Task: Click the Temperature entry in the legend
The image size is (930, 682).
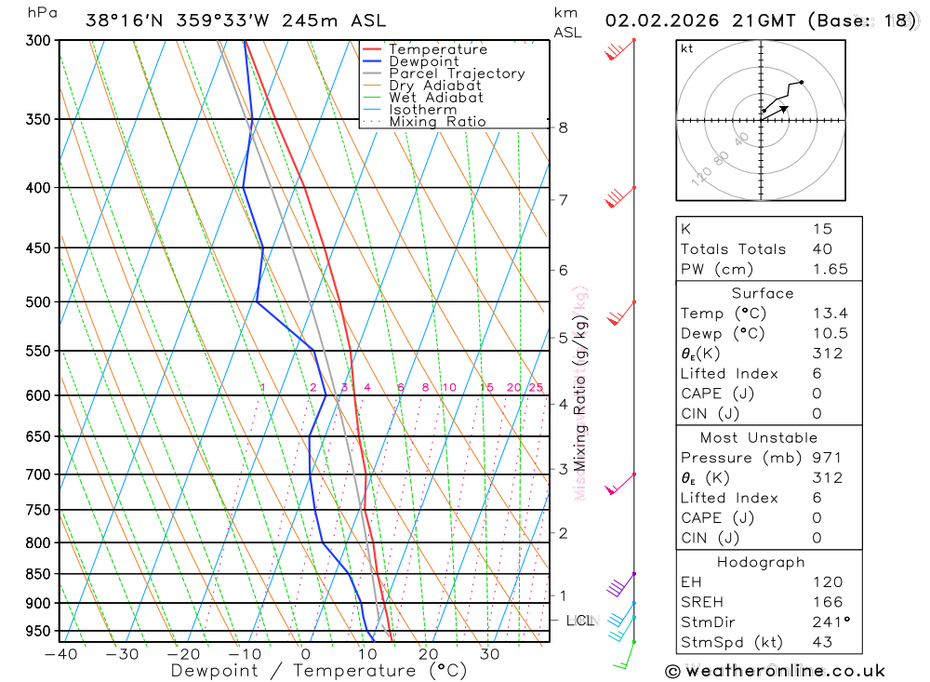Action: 437,49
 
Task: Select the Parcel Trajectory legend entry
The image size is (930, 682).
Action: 457,74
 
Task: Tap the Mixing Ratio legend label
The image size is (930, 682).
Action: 437,122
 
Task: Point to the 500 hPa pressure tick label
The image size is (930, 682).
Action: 37,302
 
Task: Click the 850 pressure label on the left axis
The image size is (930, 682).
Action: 37,574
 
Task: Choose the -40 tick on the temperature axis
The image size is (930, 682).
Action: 61,654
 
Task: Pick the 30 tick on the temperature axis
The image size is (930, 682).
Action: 490,654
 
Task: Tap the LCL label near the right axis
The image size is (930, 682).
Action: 580,620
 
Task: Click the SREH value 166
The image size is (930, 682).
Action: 827,602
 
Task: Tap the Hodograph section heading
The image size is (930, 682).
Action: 762,562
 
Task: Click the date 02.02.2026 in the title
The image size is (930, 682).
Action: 655,20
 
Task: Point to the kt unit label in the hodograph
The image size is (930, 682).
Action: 687,48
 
